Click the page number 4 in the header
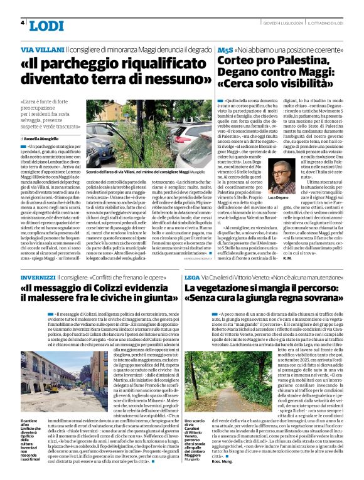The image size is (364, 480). coord(23,23)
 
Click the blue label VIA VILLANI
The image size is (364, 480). coord(43,49)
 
